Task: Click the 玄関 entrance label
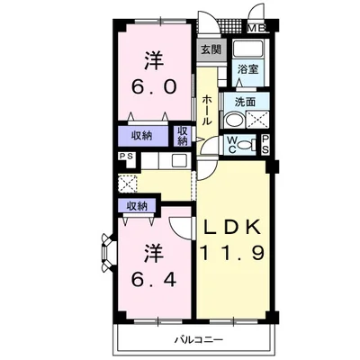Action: coord(211,49)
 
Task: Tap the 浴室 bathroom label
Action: coord(247,69)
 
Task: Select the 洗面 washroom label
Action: coord(245,103)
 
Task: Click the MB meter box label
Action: coord(256,29)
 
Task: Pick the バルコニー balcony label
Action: coord(199,340)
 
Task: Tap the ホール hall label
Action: coord(206,110)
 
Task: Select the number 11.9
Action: coord(232,253)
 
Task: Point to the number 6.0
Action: coord(154,87)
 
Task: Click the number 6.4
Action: coord(154,281)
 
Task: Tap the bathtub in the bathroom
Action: coord(247,48)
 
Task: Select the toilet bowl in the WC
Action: coord(247,145)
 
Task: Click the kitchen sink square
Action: coord(179,161)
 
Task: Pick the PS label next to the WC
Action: coord(265,145)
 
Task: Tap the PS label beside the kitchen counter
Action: coord(128,157)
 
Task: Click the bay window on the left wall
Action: coord(108,252)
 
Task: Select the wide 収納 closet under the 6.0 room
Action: coord(143,136)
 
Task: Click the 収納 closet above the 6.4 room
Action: coord(137,206)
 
